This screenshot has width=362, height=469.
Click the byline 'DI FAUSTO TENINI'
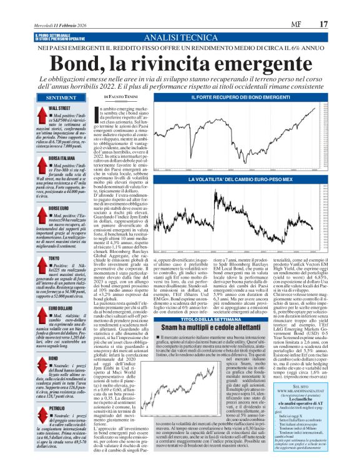pos(122,98)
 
